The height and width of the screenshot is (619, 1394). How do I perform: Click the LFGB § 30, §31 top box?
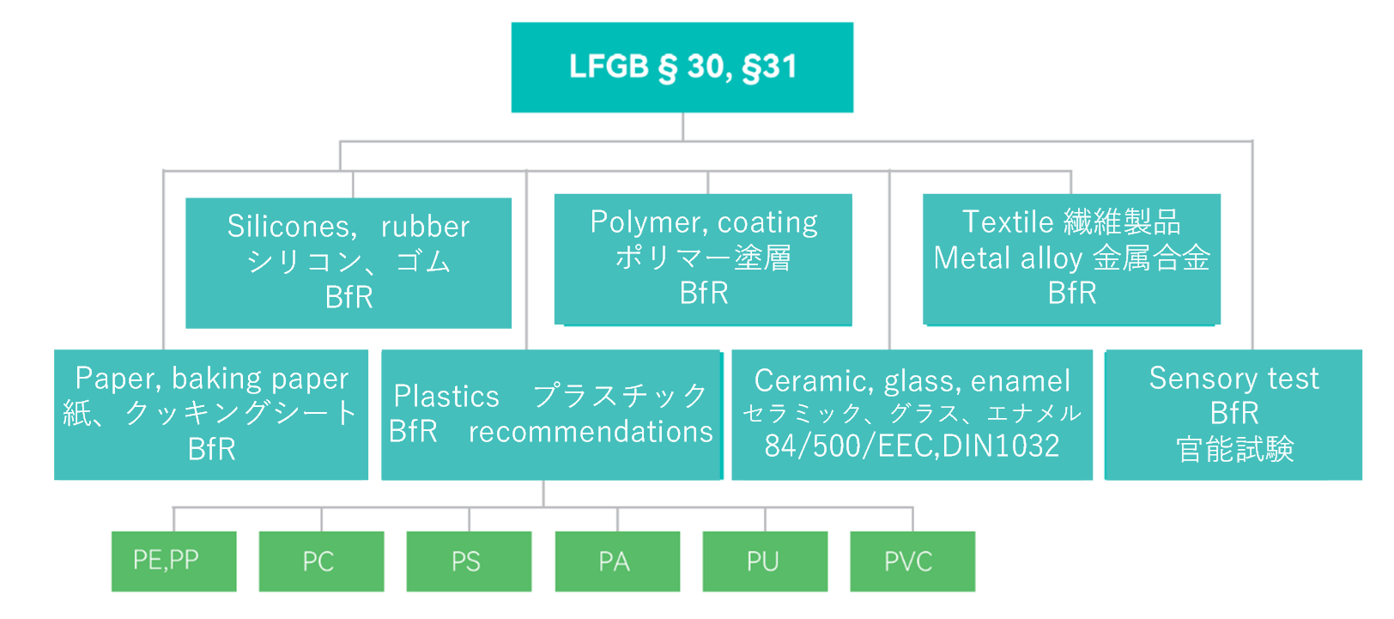[682, 67]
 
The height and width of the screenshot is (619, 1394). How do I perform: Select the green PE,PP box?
[173, 561]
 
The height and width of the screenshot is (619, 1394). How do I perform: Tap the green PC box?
[321, 561]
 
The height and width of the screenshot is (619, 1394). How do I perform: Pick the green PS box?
[469, 561]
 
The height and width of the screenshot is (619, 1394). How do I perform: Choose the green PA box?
[617, 561]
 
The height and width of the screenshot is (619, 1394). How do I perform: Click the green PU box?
[765, 561]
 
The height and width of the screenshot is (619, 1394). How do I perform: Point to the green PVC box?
[912, 561]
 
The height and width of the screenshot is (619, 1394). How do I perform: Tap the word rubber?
[425, 227]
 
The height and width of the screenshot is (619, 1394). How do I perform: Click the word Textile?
[1008, 222]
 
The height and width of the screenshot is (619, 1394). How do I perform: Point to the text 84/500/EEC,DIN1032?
[912, 446]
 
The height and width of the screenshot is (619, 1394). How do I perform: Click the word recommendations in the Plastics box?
[591, 432]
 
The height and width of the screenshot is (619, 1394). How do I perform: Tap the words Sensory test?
[1233, 379]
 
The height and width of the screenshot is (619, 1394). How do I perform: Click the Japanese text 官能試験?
[1234, 449]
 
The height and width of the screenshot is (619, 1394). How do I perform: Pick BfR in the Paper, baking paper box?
[211, 449]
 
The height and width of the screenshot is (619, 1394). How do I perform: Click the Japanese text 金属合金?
[1151, 258]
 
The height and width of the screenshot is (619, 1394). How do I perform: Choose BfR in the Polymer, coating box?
[703, 294]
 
